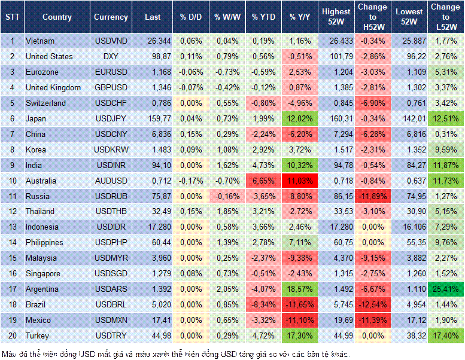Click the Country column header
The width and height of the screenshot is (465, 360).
click(x=57, y=17)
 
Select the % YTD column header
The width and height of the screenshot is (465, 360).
click(x=263, y=17)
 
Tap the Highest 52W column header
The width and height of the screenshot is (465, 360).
click(x=336, y=17)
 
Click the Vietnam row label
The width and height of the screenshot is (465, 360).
click(x=40, y=41)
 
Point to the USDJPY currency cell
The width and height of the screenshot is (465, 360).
click(x=111, y=118)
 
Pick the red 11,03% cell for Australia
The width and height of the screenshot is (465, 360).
click(x=301, y=181)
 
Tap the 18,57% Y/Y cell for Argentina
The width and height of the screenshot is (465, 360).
click(x=301, y=289)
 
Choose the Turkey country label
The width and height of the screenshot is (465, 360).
click(x=37, y=335)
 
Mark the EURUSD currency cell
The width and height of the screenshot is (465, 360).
click(x=111, y=72)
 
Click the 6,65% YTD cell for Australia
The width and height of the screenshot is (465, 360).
click(x=263, y=181)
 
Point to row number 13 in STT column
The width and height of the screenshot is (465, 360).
click(x=11, y=227)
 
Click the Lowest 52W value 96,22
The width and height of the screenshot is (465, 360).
click(x=409, y=56)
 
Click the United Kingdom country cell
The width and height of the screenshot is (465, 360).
click(x=54, y=87)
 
